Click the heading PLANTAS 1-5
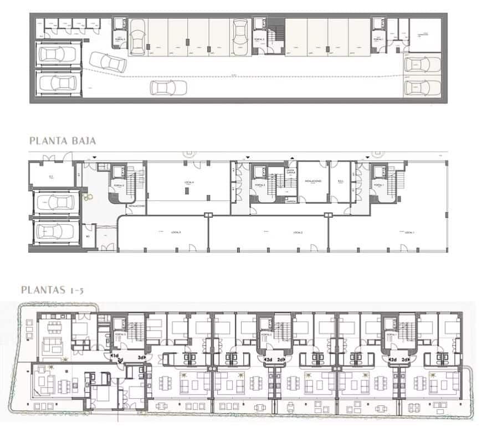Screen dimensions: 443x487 (52, 289)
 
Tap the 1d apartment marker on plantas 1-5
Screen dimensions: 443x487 (115, 356)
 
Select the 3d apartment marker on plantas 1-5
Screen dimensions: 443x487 (142, 358)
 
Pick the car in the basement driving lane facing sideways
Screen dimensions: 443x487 (168, 87)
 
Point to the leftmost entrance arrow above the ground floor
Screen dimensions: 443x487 (95, 157)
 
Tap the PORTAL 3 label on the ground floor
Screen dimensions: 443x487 (117, 185)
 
